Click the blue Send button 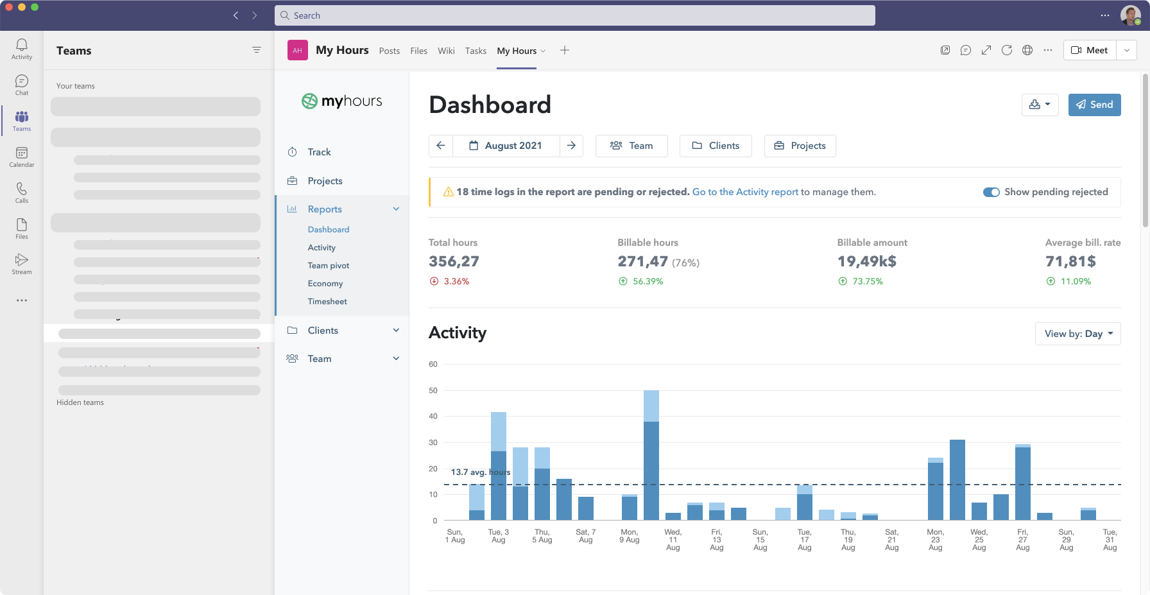pyautogui.click(x=1094, y=105)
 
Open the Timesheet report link pyautogui.click(x=327, y=301)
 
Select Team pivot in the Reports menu pyautogui.click(x=329, y=265)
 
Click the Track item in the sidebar pyautogui.click(x=319, y=152)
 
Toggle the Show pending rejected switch pyautogui.click(x=991, y=192)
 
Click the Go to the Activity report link pyautogui.click(x=745, y=192)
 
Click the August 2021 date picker pyautogui.click(x=506, y=146)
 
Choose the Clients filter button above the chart pyautogui.click(x=716, y=146)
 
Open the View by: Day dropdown pyautogui.click(x=1077, y=334)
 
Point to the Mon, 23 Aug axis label pyautogui.click(x=935, y=540)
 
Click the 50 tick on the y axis pyautogui.click(x=433, y=390)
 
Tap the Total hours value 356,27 pyautogui.click(x=454, y=261)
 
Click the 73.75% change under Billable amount pyautogui.click(x=867, y=281)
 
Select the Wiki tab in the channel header pyautogui.click(x=446, y=51)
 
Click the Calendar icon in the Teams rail pyautogui.click(x=21, y=156)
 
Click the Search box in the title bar pyautogui.click(x=574, y=15)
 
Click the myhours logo pyautogui.click(x=342, y=101)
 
